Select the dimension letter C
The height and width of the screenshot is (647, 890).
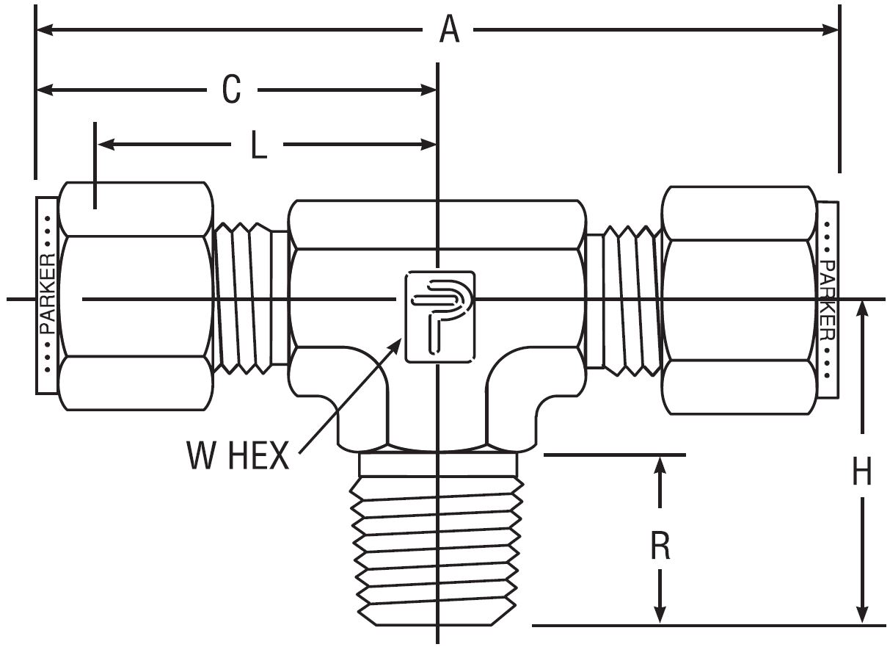coord(232,90)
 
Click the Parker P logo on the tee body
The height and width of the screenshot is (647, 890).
coord(439,317)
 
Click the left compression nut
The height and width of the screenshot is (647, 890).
coord(135,296)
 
